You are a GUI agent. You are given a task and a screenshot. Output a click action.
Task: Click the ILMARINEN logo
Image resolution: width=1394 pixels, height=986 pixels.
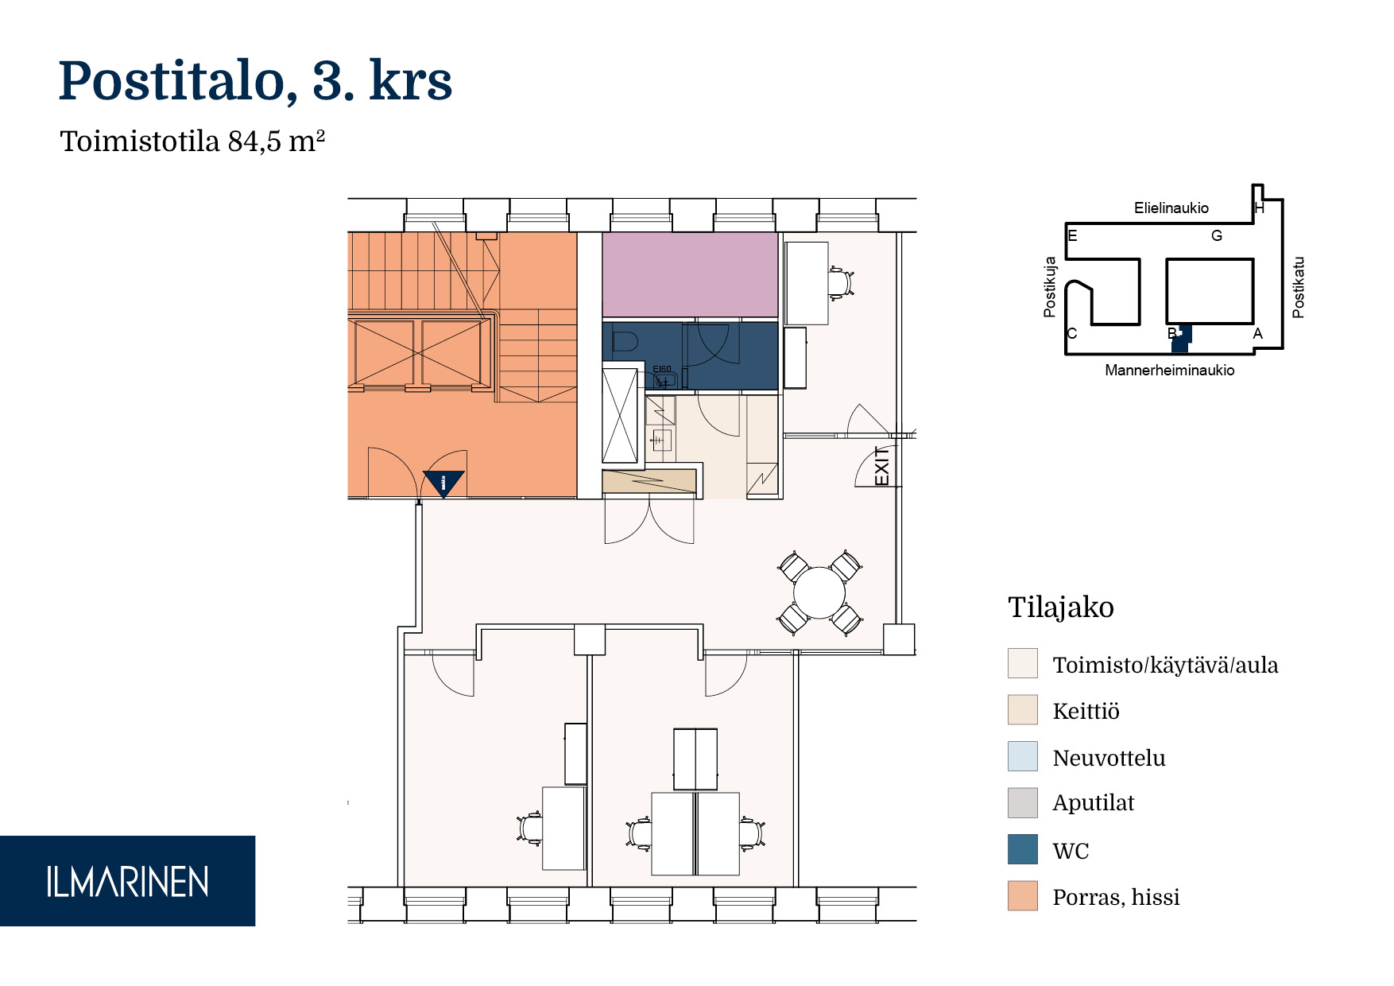coord(127,881)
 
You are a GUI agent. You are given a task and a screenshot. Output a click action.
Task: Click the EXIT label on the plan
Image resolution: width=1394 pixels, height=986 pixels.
coord(881,466)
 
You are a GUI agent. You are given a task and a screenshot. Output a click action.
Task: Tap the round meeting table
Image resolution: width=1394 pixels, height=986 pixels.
coord(819,593)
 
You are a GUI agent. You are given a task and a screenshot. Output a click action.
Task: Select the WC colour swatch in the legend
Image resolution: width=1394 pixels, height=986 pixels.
coord(1022,849)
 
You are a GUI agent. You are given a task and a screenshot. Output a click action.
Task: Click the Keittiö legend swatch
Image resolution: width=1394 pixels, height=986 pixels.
coord(1022,710)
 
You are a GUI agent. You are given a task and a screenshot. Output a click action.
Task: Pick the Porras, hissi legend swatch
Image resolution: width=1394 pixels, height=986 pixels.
coord(1022,895)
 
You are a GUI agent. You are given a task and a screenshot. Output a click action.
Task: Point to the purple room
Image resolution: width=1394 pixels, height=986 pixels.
coord(690,275)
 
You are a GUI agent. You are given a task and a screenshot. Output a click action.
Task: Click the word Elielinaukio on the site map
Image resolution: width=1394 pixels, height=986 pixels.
coord(1171,208)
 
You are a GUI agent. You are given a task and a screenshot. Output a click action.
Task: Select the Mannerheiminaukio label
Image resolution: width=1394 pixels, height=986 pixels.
coord(1169,371)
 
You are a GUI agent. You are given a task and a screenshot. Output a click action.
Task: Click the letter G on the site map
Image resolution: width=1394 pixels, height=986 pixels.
coord(1216,236)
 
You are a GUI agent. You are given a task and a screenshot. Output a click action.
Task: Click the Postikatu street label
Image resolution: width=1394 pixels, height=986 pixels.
coord(1299,287)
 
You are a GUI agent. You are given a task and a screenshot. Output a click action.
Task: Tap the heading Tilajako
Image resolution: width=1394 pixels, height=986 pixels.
coord(1060,608)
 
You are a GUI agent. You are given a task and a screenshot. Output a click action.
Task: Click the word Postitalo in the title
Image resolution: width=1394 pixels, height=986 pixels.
coord(172,81)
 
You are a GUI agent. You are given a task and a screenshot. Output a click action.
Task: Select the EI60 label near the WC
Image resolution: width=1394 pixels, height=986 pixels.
coord(661,369)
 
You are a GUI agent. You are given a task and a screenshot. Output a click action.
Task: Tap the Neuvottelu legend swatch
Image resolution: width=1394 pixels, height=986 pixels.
coord(1022,756)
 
